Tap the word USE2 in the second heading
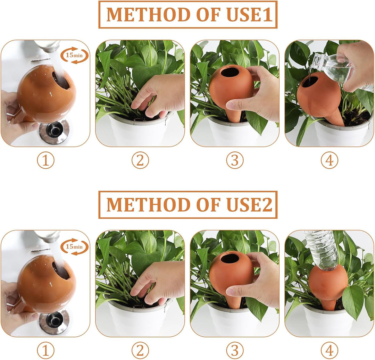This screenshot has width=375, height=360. [x=249, y=204]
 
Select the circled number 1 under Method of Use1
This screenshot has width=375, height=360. [x=46, y=160]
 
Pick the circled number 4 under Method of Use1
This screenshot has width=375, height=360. [x=330, y=160]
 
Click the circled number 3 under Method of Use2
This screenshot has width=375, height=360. [x=235, y=350]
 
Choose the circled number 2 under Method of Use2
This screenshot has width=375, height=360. [x=140, y=350]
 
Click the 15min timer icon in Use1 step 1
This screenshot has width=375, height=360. [x=74, y=55]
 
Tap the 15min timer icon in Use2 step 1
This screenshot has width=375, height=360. [x=74, y=246]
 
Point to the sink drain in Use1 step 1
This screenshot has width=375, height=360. [x=54, y=132]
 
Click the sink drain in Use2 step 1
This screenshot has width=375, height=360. [x=54, y=323]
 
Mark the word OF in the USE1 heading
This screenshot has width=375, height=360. [x=208, y=15]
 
